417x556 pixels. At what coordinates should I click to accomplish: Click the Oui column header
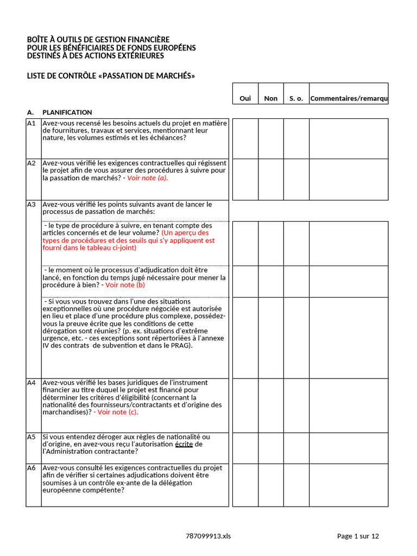[245, 98]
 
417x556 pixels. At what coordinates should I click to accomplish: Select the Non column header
[270, 98]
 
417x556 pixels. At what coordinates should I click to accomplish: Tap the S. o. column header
[296, 98]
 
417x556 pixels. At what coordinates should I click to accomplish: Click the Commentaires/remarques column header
[349, 98]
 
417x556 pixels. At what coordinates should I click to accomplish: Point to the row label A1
[31, 123]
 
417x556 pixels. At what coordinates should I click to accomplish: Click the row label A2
[31, 163]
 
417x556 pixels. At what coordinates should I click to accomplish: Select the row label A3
[31, 205]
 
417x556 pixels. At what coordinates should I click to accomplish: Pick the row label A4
[31, 383]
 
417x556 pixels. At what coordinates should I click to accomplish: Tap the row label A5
[31, 437]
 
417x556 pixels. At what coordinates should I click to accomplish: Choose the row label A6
[31, 467]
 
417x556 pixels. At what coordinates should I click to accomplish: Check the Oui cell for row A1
[245, 138]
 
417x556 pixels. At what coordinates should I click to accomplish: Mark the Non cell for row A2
[270, 179]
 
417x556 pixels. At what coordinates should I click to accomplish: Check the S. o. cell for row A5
[296, 448]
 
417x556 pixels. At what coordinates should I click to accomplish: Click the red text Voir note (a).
[148, 178]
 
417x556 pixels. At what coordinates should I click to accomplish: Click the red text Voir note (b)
[125, 285]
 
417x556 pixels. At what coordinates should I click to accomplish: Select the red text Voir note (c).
[116, 412]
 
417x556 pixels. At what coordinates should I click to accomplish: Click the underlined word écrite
[184, 444]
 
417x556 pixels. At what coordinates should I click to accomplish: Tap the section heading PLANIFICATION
[67, 112]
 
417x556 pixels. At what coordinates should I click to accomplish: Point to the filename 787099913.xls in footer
[208, 536]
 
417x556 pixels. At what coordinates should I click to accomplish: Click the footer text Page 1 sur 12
[358, 536]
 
